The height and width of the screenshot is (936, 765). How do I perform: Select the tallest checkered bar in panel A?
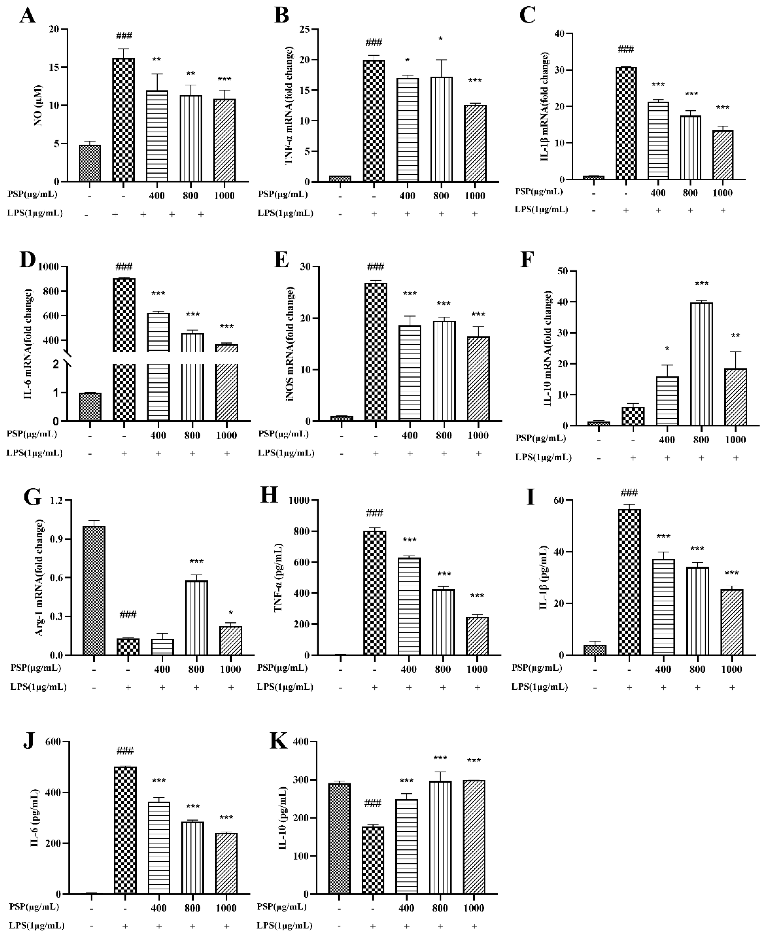click(124, 120)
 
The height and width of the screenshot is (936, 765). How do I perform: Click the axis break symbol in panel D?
click(67, 358)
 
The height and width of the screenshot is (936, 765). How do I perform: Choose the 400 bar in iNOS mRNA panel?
click(410, 373)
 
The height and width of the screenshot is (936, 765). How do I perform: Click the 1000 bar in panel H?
click(477, 636)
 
